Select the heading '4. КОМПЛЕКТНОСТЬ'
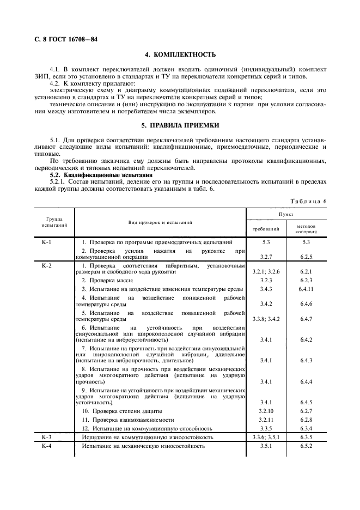[x=180, y=54]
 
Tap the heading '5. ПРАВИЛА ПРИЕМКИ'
[x=180, y=125]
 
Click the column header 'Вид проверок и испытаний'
[x=160, y=222]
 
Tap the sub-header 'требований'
[x=266, y=229]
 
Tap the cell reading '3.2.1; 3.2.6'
[x=266, y=271]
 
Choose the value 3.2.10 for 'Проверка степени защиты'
[x=266, y=411]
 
